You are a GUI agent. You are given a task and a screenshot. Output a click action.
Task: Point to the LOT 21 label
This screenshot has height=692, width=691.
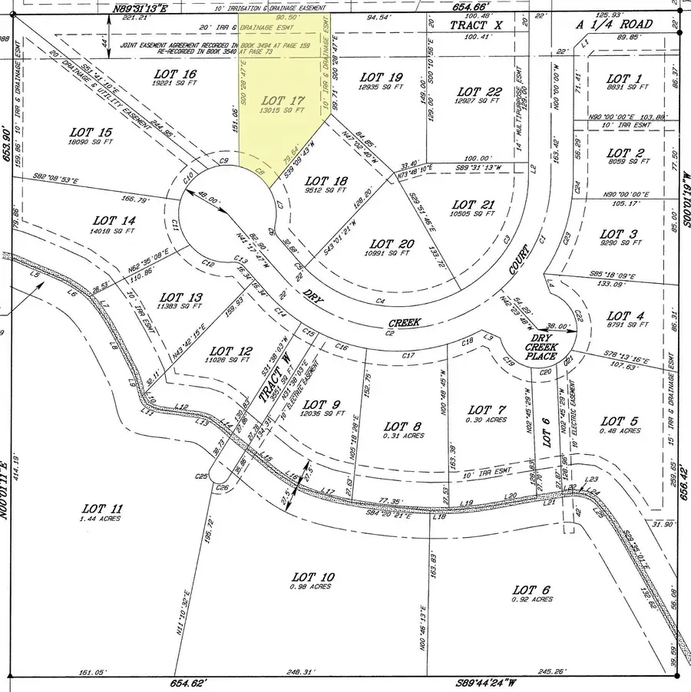474,205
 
